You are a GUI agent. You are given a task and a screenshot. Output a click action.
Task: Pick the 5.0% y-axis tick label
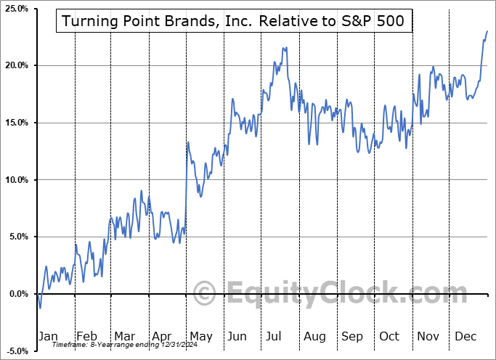click(x=17, y=237)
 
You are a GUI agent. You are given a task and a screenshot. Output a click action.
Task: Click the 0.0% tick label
click(x=17, y=294)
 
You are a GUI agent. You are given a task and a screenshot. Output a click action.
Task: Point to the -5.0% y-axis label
click(x=15, y=351)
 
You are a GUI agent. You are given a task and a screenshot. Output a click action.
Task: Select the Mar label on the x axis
click(x=125, y=337)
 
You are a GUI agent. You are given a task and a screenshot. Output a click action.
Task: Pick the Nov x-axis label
click(x=427, y=337)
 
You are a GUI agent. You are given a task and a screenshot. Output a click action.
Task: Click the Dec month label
click(x=465, y=337)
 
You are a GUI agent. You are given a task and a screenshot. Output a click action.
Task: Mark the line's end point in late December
click(x=487, y=31)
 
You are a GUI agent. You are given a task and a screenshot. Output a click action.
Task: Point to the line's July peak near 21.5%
click(x=286, y=48)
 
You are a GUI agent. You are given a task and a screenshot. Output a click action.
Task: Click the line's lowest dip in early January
click(x=40, y=308)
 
